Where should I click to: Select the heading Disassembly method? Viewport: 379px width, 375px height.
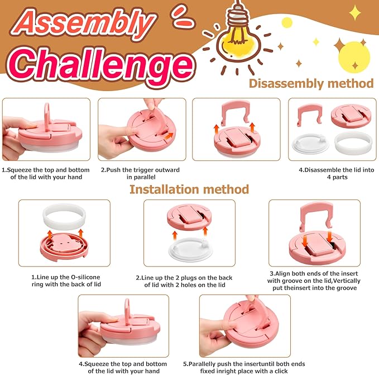(x=311, y=83)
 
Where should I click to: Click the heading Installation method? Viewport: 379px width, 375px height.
(x=189, y=189)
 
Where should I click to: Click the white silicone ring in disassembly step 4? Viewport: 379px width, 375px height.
(x=353, y=144)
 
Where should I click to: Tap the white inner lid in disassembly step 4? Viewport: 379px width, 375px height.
(x=310, y=144)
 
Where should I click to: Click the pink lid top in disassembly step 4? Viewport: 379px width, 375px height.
(x=351, y=116)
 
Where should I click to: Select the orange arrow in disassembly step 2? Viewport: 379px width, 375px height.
(x=169, y=136)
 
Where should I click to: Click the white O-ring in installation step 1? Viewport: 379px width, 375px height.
(x=64, y=216)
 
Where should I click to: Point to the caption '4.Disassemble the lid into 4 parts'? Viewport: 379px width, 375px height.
(x=337, y=173)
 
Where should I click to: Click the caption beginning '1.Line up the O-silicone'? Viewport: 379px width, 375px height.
(x=66, y=281)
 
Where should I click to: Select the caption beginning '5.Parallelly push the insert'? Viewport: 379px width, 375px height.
(x=244, y=367)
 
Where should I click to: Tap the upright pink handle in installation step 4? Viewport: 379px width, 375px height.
(x=127, y=310)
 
